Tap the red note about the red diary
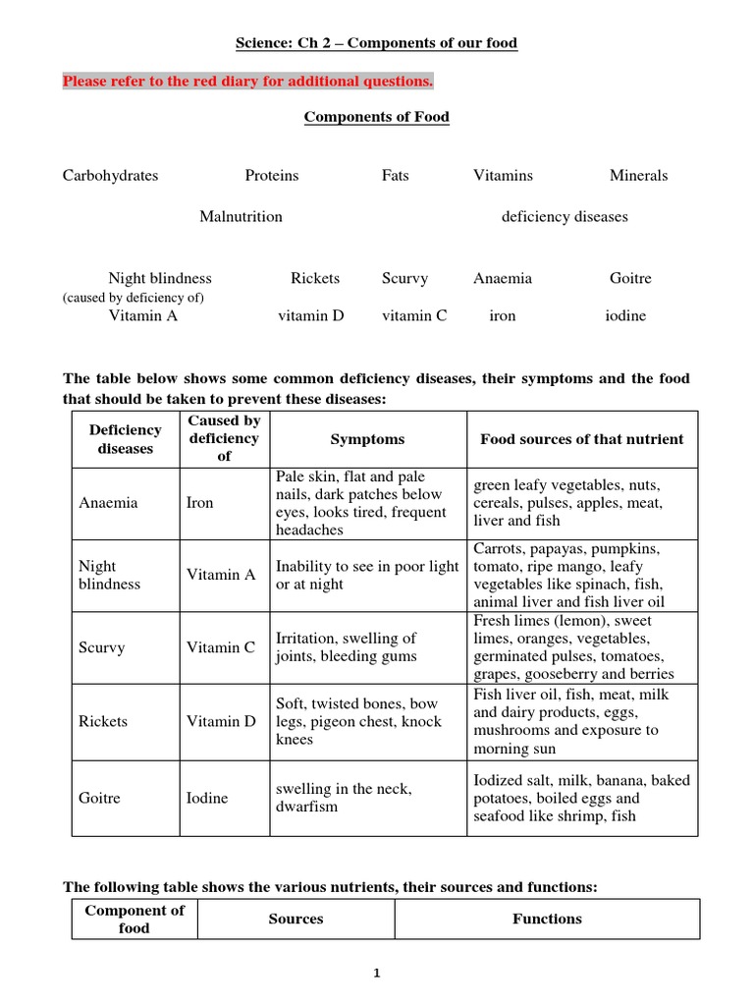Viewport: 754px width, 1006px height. point(247,81)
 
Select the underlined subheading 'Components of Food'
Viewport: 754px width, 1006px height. point(376,117)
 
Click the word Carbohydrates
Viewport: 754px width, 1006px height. point(110,176)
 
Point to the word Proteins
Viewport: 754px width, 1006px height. point(272,176)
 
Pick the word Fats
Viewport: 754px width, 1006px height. point(396,176)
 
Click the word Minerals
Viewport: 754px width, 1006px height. point(638,176)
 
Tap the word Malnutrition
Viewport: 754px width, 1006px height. point(241,216)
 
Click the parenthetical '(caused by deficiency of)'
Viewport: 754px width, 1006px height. point(134,297)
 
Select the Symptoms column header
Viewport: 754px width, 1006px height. point(367,439)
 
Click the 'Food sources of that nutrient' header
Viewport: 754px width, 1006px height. point(581,439)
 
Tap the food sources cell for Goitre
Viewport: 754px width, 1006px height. point(581,798)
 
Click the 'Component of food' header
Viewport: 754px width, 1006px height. point(135,919)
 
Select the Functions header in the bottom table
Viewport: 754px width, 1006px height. point(547,919)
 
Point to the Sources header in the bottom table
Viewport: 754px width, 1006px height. point(296,919)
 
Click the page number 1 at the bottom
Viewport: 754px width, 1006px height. point(377,974)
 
